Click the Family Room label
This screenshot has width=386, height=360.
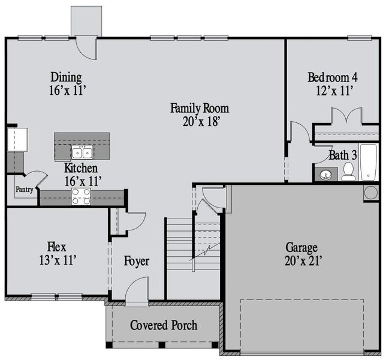pos(200,108)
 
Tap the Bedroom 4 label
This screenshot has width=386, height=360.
pos(333,77)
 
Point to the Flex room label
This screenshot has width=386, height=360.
pos(56,247)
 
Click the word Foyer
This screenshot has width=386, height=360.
pos(137,262)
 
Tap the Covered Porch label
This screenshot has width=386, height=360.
pos(164,325)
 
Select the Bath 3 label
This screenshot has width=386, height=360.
pos(343,155)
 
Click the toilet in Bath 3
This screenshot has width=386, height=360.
pos(348,173)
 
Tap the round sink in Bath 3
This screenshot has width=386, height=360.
pos(325,175)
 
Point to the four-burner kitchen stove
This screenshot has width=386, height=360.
pos(81,196)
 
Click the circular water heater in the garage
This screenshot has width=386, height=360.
pos(370,193)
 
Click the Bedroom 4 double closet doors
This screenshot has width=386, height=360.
pos(345,116)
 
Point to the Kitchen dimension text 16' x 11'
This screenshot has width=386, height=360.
pos(82,179)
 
